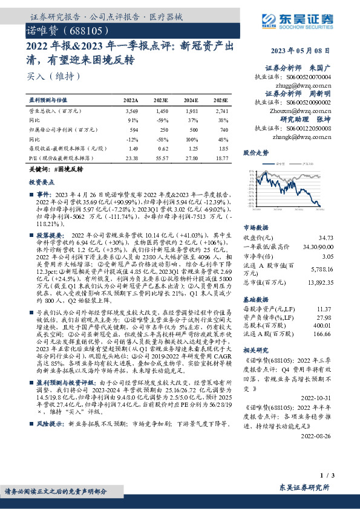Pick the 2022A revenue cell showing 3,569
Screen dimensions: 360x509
[x=131, y=112]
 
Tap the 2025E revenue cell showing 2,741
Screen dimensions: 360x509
[x=221, y=112]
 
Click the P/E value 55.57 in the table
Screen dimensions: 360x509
[x=160, y=157]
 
